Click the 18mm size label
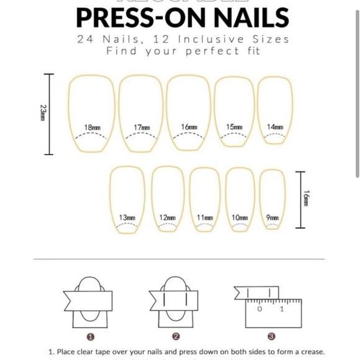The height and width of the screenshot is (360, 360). pyautogui.click(x=93, y=127)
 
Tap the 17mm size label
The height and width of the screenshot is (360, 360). pyautogui.click(x=142, y=127)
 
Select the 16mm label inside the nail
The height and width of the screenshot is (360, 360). pyautogui.click(x=189, y=127)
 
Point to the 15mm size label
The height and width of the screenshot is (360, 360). pyautogui.click(x=234, y=127)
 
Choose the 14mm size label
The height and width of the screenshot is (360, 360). pyautogui.click(x=275, y=127)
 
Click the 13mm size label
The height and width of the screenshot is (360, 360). pyautogui.click(x=127, y=218)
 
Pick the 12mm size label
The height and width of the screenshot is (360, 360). pyautogui.click(x=167, y=218)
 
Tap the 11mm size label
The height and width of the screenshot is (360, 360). pyautogui.click(x=205, y=218)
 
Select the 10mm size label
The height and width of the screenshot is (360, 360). pyautogui.click(x=240, y=218)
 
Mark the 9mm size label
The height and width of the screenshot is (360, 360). pyautogui.click(x=272, y=218)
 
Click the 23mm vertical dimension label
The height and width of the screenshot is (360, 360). pyautogui.click(x=42, y=113)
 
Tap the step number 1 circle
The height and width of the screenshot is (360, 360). pyautogui.click(x=91, y=337)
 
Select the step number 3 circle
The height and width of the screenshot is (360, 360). pyautogui.click(x=271, y=337)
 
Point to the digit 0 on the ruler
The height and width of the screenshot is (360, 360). pyautogui.click(x=259, y=308)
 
